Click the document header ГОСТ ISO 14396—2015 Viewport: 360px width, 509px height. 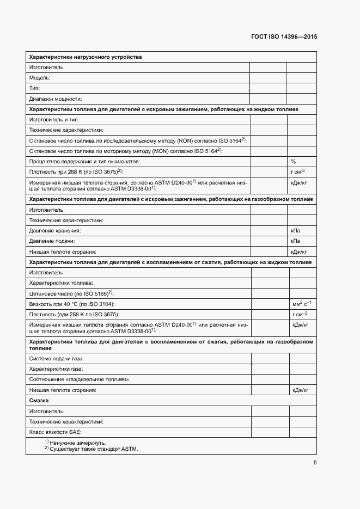(284, 37)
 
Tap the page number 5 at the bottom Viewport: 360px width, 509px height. (315, 463)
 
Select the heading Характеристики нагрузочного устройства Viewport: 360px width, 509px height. (85, 57)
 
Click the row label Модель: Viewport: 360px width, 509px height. (40, 78)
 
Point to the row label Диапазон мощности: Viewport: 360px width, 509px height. (55, 99)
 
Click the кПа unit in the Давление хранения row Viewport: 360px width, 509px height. (296, 231)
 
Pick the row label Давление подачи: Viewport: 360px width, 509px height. (52, 241)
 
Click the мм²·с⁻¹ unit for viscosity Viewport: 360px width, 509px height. (301, 304)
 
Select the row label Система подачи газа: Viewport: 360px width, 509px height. (56, 359)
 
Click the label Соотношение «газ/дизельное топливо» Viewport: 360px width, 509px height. (79, 379)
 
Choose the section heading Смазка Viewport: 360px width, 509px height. (39, 401)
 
